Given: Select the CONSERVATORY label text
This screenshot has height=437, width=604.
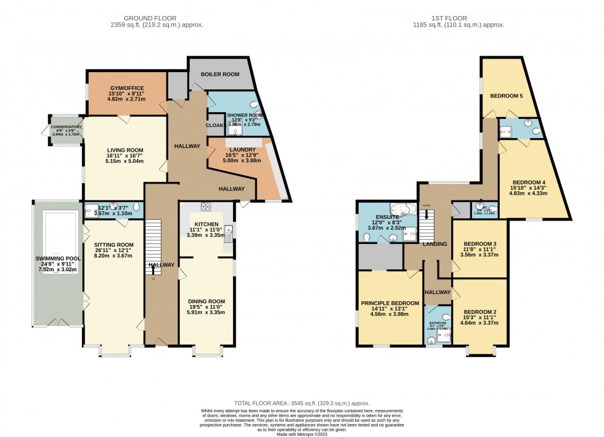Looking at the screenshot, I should (x=66, y=127).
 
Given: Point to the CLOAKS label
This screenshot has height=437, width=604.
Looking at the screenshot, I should (x=215, y=125).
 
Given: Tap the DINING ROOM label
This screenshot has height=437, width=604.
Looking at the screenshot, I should (x=206, y=301).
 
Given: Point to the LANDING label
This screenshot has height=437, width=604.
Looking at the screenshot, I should (x=435, y=245).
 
